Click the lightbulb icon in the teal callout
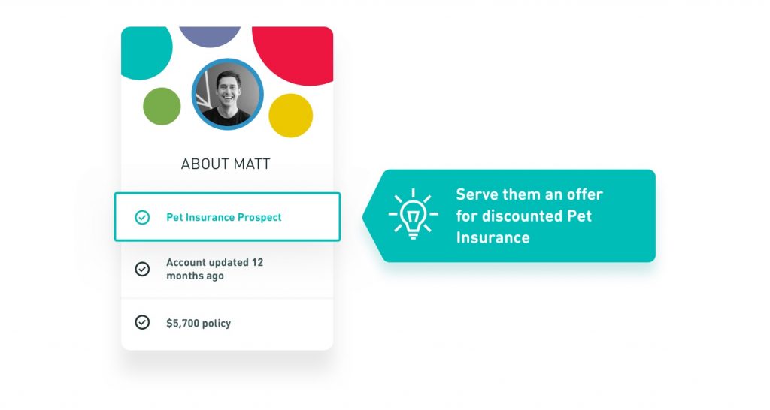(x=413, y=214)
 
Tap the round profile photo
(x=227, y=94)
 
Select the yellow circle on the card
(x=291, y=115)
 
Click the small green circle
(x=162, y=107)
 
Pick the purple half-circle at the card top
(x=210, y=36)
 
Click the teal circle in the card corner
(x=145, y=52)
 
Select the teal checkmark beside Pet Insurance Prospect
(x=142, y=217)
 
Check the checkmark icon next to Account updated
(x=142, y=269)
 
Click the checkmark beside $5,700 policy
(x=142, y=322)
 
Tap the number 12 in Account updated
(x=257, y=262)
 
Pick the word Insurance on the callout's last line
(x=493, y=237)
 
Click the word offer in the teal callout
(x=584, y=194)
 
